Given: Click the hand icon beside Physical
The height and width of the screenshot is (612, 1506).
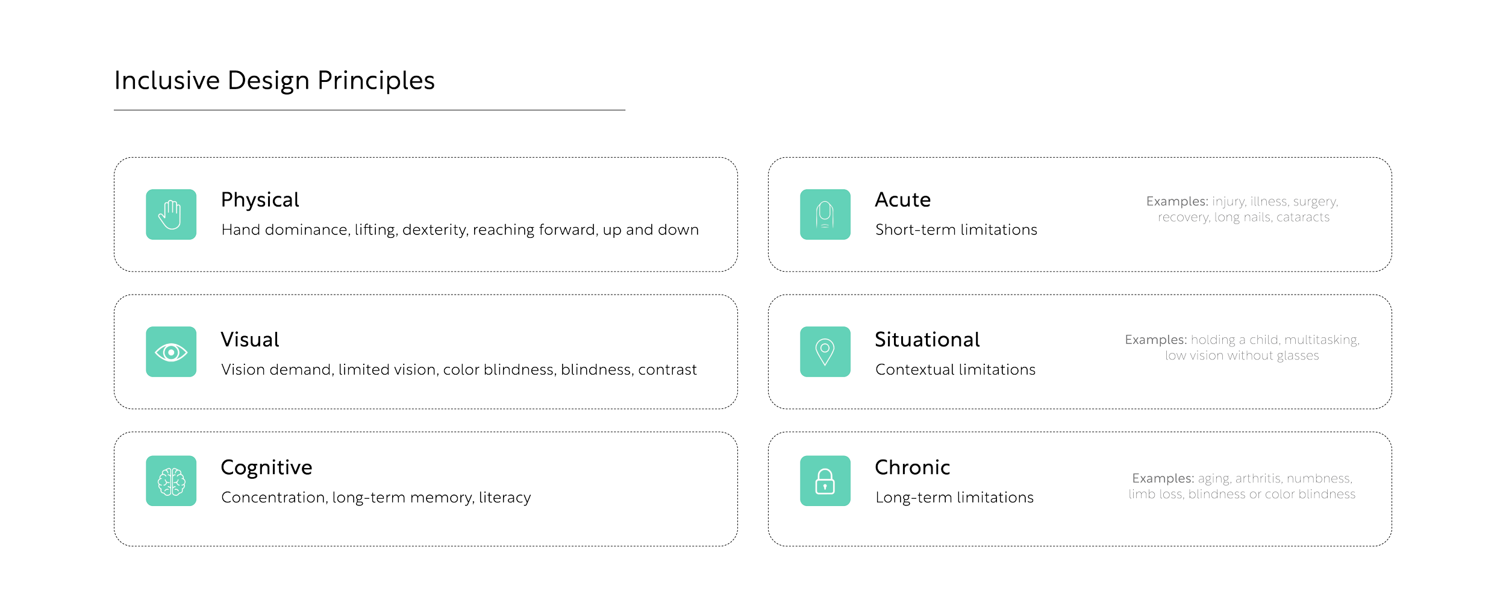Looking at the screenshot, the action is pos(171,214).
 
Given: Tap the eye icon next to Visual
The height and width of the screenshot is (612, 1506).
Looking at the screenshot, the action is pos(171,352).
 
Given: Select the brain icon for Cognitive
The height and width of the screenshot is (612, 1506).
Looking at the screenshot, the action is pos(171,481).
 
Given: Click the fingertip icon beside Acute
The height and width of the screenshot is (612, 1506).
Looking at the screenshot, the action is pos(825,214).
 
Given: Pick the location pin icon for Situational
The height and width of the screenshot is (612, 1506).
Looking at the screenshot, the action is pos(825,352).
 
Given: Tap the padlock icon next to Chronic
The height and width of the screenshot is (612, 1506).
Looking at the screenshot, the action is pos(825,481).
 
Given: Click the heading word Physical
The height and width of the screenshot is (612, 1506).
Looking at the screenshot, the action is pos(260,199).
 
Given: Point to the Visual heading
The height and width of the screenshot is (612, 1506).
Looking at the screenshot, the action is pos(250,339).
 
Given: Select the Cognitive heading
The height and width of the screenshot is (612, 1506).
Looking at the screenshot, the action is pos(266,467).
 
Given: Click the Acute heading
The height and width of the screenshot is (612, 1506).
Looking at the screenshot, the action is pos(902,199).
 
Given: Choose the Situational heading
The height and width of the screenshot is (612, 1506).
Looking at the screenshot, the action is pos(927,339).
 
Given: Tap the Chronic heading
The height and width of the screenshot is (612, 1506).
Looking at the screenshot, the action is pos(912,467).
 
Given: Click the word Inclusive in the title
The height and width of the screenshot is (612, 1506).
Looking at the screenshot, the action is pos(167,81).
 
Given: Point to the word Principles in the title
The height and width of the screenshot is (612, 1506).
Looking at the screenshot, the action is pos(377,81).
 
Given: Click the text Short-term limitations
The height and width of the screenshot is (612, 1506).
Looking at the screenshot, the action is pos(956,230).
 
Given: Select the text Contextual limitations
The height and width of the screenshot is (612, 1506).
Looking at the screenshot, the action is pos(955,369).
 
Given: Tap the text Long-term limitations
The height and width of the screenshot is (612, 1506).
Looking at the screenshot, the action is pos(954,498).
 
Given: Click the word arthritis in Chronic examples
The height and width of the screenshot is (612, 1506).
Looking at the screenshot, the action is pos(1258,478).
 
